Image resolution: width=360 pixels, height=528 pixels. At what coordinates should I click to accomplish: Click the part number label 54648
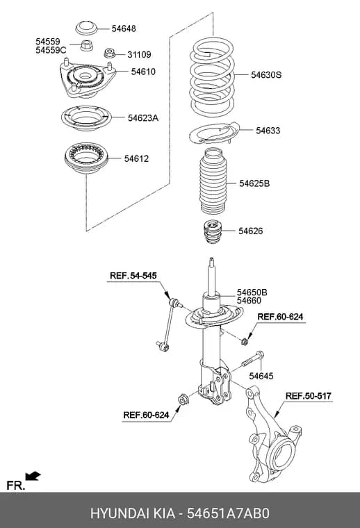point(124,28)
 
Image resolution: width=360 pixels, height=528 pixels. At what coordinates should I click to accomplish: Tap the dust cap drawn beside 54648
point(86,28)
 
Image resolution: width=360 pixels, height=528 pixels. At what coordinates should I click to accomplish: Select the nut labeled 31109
point(109,53)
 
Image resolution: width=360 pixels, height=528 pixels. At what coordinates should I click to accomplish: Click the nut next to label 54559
point(87,45)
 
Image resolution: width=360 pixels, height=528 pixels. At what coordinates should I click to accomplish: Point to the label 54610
point(143,72)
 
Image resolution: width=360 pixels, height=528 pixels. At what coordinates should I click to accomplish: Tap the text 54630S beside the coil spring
point(266,75)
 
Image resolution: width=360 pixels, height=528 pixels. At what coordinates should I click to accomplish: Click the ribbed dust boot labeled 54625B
point(213,181)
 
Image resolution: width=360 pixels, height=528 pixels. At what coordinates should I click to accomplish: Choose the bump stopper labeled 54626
point(212,231)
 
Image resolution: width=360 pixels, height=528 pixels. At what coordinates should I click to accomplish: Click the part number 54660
point(249,300)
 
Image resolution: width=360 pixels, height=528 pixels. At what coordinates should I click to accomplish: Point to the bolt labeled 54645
point(252,359)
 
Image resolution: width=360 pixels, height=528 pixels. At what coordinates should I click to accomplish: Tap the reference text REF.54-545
point(133,276)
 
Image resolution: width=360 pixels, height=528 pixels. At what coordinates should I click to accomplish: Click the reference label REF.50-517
point(308,396)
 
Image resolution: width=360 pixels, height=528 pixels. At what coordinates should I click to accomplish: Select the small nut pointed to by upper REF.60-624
point(245,342)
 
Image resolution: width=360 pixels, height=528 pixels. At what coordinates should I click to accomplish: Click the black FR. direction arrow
point(33,476)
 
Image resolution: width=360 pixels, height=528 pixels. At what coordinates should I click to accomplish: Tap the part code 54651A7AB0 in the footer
point(229,513)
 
